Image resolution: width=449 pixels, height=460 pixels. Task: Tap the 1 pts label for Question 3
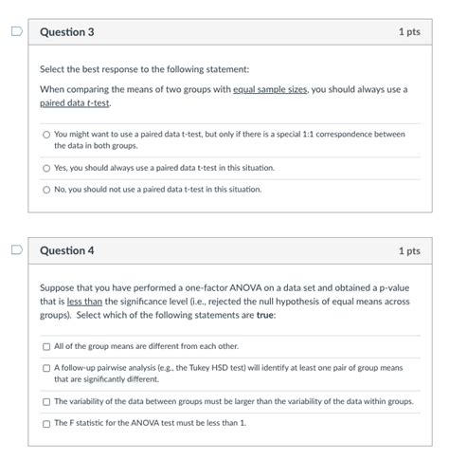click(x=408, y=32)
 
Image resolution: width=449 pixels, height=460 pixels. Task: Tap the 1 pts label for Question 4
click(x=408, y=251)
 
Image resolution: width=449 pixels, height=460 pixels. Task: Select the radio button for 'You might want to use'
click(x=45, y=135)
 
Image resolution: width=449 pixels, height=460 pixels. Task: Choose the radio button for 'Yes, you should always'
click(x=45, y=168)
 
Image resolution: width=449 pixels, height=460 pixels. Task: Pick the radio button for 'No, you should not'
click(x=45, y=189)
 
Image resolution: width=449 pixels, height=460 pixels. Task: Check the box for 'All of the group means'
click(x=45, y=347)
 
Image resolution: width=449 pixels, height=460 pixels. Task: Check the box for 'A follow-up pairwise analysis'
click(x=45, y=368)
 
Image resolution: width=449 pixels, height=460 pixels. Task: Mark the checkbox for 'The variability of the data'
click(x=45, y=401)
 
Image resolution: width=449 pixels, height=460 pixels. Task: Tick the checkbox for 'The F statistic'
click(x=45, y=423)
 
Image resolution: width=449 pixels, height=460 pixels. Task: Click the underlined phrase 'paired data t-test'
click(x=68, y=102)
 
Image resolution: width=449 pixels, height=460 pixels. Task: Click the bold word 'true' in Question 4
click(x=264, y=315)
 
